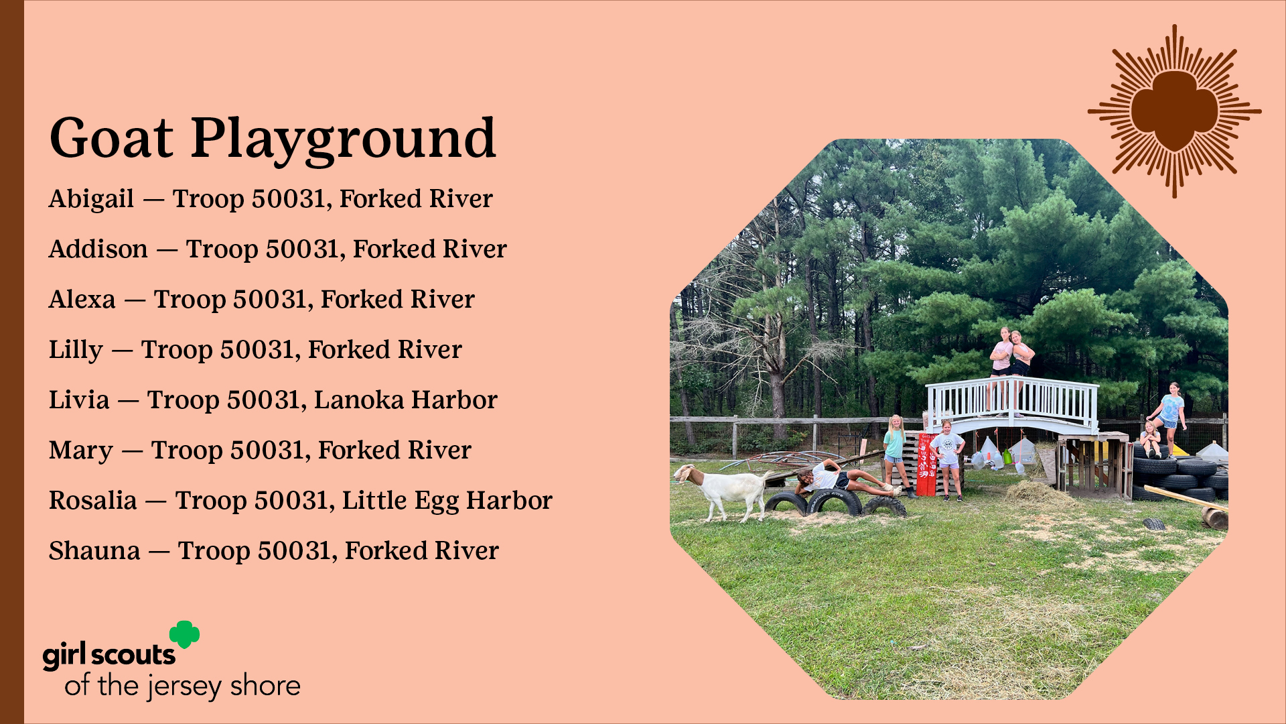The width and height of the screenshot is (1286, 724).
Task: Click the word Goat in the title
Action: point(111,138)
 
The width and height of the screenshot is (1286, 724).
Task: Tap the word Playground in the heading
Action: point(343,141)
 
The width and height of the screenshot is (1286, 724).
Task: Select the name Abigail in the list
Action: point(92,199)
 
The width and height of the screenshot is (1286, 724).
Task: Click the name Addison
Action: point(98,249)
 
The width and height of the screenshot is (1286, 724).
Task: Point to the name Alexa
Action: point(82,299)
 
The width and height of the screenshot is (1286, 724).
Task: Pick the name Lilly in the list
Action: point(76,351)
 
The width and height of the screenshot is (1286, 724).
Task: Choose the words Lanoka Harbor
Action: point(406,400)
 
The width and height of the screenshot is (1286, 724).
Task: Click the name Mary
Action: point(81,451)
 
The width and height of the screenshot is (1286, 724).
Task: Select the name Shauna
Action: point(94,550)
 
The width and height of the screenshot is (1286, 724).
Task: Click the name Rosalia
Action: point(93,500)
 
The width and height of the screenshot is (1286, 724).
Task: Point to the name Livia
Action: point(79,400)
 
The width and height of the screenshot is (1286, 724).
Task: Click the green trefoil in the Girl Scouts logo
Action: point(184,634)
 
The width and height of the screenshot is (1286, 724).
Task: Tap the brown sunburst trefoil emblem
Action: point(1174,111)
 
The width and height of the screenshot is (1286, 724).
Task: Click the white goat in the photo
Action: point(722,491)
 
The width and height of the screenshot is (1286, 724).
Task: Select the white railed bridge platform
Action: point(1011,406)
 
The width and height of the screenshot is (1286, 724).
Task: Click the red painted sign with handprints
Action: point(927,464)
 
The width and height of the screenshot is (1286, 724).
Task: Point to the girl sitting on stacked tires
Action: point(1151,440)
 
